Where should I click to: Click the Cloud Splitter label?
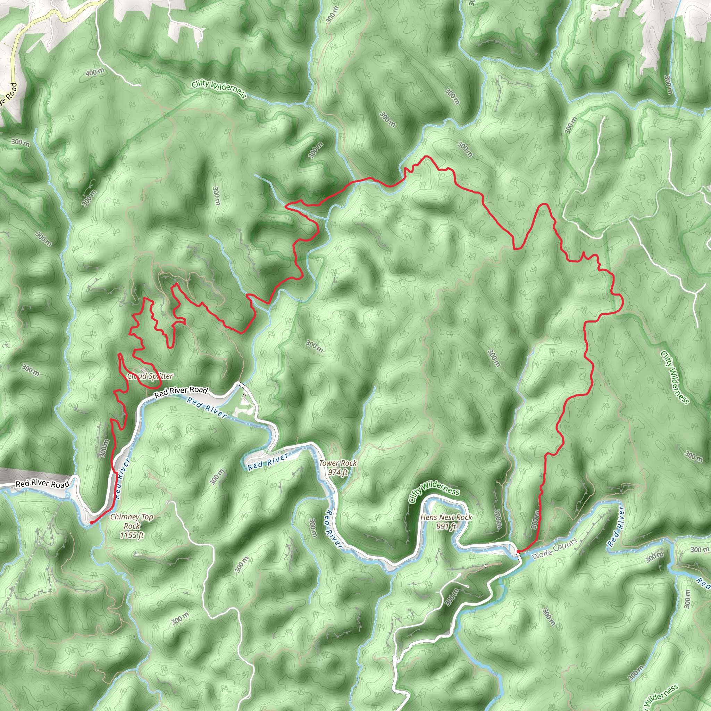tap(150, 376)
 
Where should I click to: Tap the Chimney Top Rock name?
tap(132, 521)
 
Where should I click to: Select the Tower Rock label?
tap(338, 463)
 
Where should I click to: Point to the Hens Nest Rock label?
tap(446, 517)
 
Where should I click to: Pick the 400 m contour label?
tap(95, 72)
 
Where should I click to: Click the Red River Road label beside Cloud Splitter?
tap(181, 392)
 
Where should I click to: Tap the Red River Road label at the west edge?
tap(42, 484)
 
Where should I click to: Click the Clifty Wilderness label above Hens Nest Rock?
tap(434, 492)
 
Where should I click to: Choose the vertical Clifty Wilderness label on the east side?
tap(674, 377)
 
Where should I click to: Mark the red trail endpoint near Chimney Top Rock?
tap(91, 522)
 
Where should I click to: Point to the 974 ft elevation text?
tap(338, 472)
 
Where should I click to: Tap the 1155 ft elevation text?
tap(132, 535)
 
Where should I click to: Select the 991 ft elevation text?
tap(446, 527)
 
